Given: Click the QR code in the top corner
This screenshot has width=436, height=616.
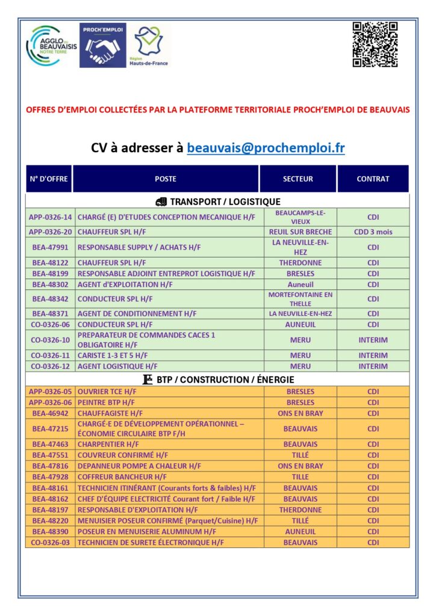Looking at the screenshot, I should point(375,45).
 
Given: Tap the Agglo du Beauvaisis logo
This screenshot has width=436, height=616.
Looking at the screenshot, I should point(51,46).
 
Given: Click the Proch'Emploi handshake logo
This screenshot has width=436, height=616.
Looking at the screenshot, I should point(103,45).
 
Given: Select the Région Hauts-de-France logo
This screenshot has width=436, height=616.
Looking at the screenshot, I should point(149,45).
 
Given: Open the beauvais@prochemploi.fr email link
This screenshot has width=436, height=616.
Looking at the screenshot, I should point(266,148).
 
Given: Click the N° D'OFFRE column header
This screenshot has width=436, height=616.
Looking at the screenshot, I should point(49,179).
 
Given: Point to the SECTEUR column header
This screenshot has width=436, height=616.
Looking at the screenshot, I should point(298,179).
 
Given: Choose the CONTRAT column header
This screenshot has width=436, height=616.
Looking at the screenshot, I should point(373,179).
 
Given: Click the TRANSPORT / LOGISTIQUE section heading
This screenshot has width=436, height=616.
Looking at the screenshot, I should point(217,202).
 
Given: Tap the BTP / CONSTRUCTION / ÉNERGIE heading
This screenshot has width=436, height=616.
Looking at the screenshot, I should point(217,380).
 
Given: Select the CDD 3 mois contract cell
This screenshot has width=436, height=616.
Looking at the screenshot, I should point(373,232).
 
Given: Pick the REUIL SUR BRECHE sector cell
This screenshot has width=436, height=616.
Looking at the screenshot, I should point(300,232).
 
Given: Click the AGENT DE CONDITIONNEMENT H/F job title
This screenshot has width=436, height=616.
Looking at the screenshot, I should point(129,313).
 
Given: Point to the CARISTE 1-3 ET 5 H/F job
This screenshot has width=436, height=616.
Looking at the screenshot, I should point(113,356).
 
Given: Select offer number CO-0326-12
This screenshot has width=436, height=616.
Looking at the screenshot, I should point(50,366).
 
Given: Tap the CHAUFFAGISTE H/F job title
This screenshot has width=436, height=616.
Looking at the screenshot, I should point(110,413).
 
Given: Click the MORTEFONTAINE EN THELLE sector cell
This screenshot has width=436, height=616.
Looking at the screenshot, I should point(300,299).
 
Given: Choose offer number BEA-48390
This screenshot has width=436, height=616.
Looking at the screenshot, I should point(50,532).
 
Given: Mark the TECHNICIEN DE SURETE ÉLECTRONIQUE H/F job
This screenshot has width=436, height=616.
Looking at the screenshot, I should point(151,543).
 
